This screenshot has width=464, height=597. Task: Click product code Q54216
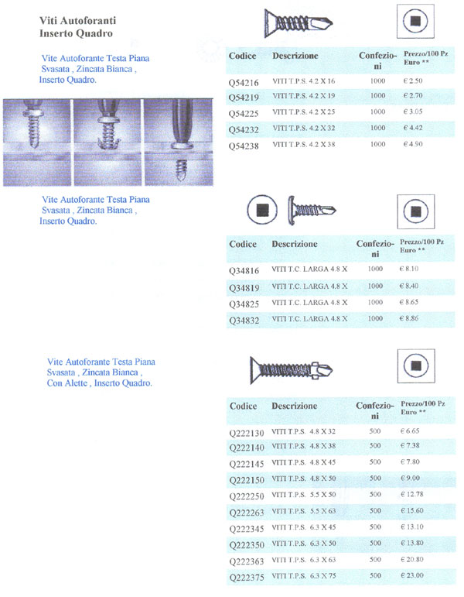pos(244,81)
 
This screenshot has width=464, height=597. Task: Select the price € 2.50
pos(415,81)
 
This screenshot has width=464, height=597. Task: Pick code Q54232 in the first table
pos(244,129)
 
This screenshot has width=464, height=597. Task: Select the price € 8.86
pos(415,318)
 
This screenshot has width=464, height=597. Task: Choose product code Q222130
pos(247,431)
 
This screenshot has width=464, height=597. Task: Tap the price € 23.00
pos(417,576)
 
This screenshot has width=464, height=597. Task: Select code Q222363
pos(247,560)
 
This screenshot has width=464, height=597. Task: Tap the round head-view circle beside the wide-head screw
pos(263,209)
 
